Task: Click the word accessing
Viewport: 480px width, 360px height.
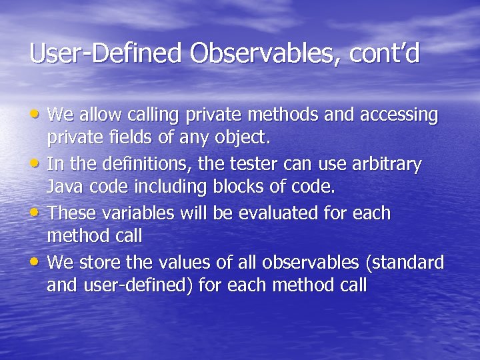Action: [399, 115]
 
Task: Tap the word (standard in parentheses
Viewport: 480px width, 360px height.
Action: [404, 262]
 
